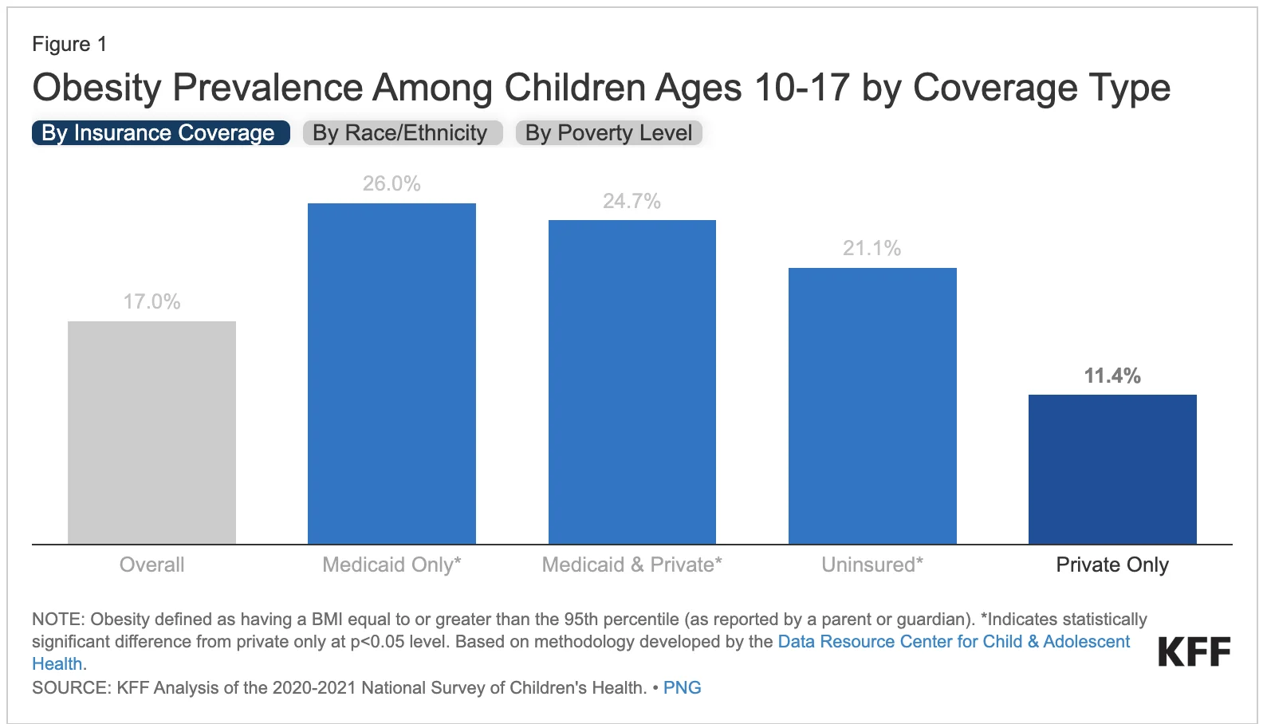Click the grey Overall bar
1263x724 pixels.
pyautogui.click(x=151, y=432)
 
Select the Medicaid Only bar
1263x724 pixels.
pyautogui.click(x=391, y=373)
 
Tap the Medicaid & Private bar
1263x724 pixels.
pyautogui.click(x=631, y=381)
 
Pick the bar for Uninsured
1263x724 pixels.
pyautogui.click(x=872, y=405)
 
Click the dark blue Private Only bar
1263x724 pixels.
pyautogui.click(x=1112, y=469)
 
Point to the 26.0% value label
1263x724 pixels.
pyautogui.click(x=391, y=183)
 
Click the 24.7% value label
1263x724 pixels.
pyautogui.click(x=631, y=201)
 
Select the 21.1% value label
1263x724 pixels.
pyautogui.click(x=872, y=248)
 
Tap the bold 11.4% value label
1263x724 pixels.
pyautogui.click(x=1112, y=376)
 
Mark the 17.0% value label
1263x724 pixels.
pyautogui.click(x=151, y=301)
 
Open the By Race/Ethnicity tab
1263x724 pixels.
pyautogui.click(x=401, y=133)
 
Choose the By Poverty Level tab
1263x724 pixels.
pyautogui.click(x=608, y=133)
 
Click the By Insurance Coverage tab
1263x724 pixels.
pyautogui.click(x=159, y=133)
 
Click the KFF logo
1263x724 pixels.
pyautogui.click(x=1194, y=652)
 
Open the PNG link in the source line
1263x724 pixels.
pyautogui.click(x=682, y=687)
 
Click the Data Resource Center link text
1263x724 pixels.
pyautogui.click(x=954, y=641)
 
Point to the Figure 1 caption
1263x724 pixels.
pyautogui.click(x=69, y=44)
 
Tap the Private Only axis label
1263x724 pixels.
pyautogui.click(x=1112, y=565)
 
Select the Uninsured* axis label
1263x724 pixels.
pyautogui.click(x=872, y=565)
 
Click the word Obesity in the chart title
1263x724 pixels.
pyautogui.click(x=96, y=88)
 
